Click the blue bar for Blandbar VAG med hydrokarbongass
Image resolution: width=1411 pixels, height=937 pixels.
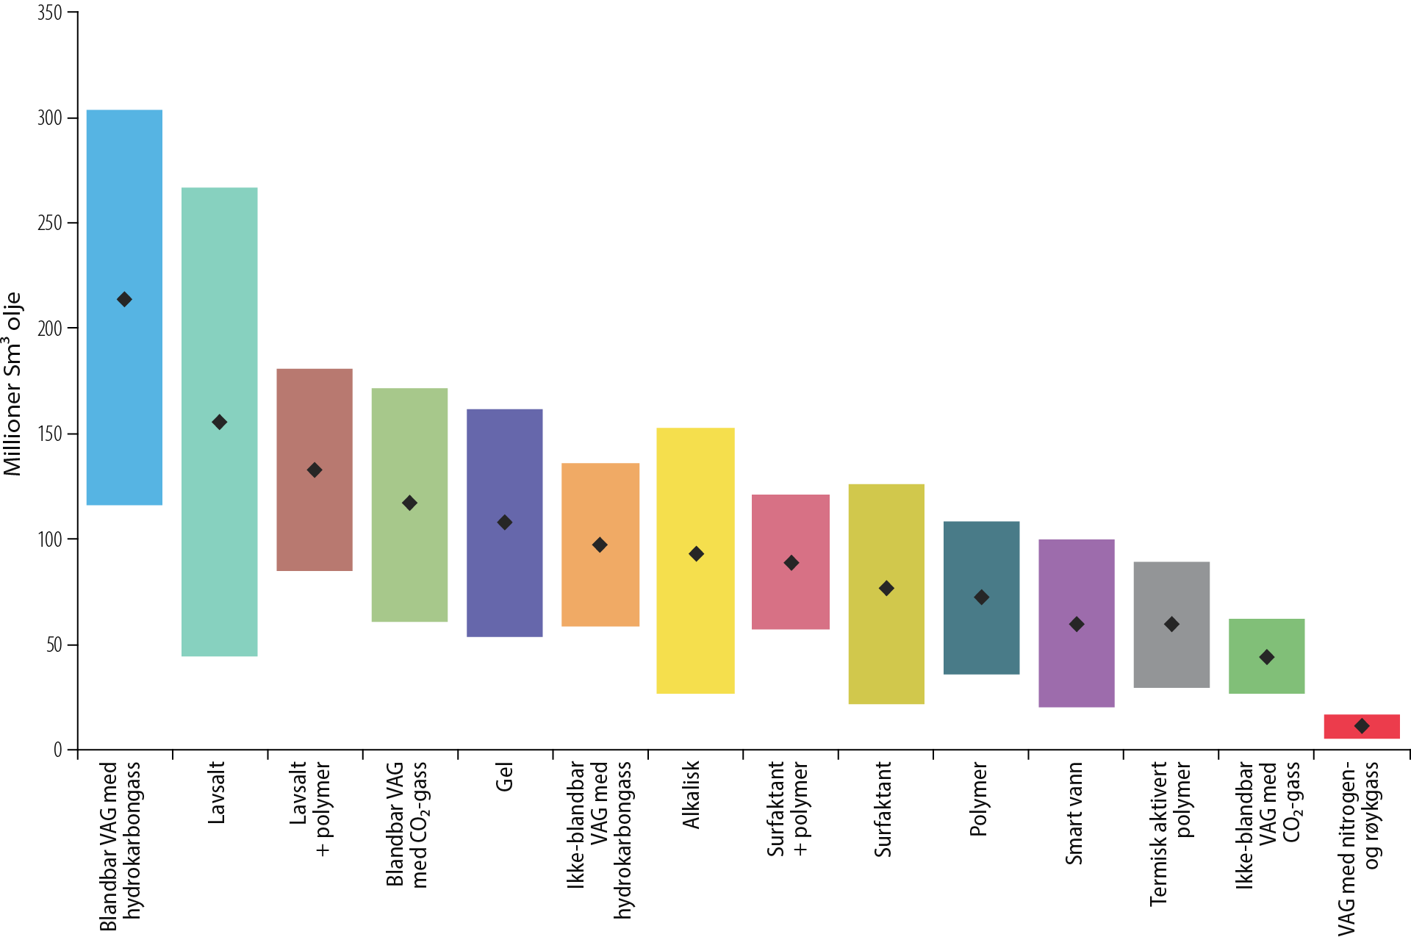[x=124, y=220]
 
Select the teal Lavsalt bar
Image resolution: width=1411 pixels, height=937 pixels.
[x=220, y=294]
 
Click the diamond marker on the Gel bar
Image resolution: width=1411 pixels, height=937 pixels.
[x=505, y=523]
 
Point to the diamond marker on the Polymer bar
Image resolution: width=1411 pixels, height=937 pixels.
[x=981, y=597]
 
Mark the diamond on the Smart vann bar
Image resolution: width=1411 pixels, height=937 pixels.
[x=1077, y=625]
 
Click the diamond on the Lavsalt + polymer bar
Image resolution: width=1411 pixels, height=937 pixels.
[x=315, y=470]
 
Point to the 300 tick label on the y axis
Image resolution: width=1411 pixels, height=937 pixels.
[x=49, y=118]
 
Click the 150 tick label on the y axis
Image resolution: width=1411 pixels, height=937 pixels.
[x=49, y=434]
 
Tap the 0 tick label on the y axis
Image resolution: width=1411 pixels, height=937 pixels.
[x=57, y=750]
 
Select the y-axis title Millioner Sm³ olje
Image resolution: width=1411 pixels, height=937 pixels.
[x=13, y=384]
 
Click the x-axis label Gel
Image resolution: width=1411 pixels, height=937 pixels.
[x=504, y=776]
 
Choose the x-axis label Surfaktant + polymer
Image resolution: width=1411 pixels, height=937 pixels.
[x=788, y=808]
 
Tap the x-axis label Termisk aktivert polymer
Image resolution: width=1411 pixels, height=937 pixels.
[x=1170, y=833]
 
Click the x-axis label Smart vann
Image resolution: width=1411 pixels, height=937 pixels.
[x=1074, y=813]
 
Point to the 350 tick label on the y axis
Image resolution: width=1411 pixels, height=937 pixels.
[x=49, y=13]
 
